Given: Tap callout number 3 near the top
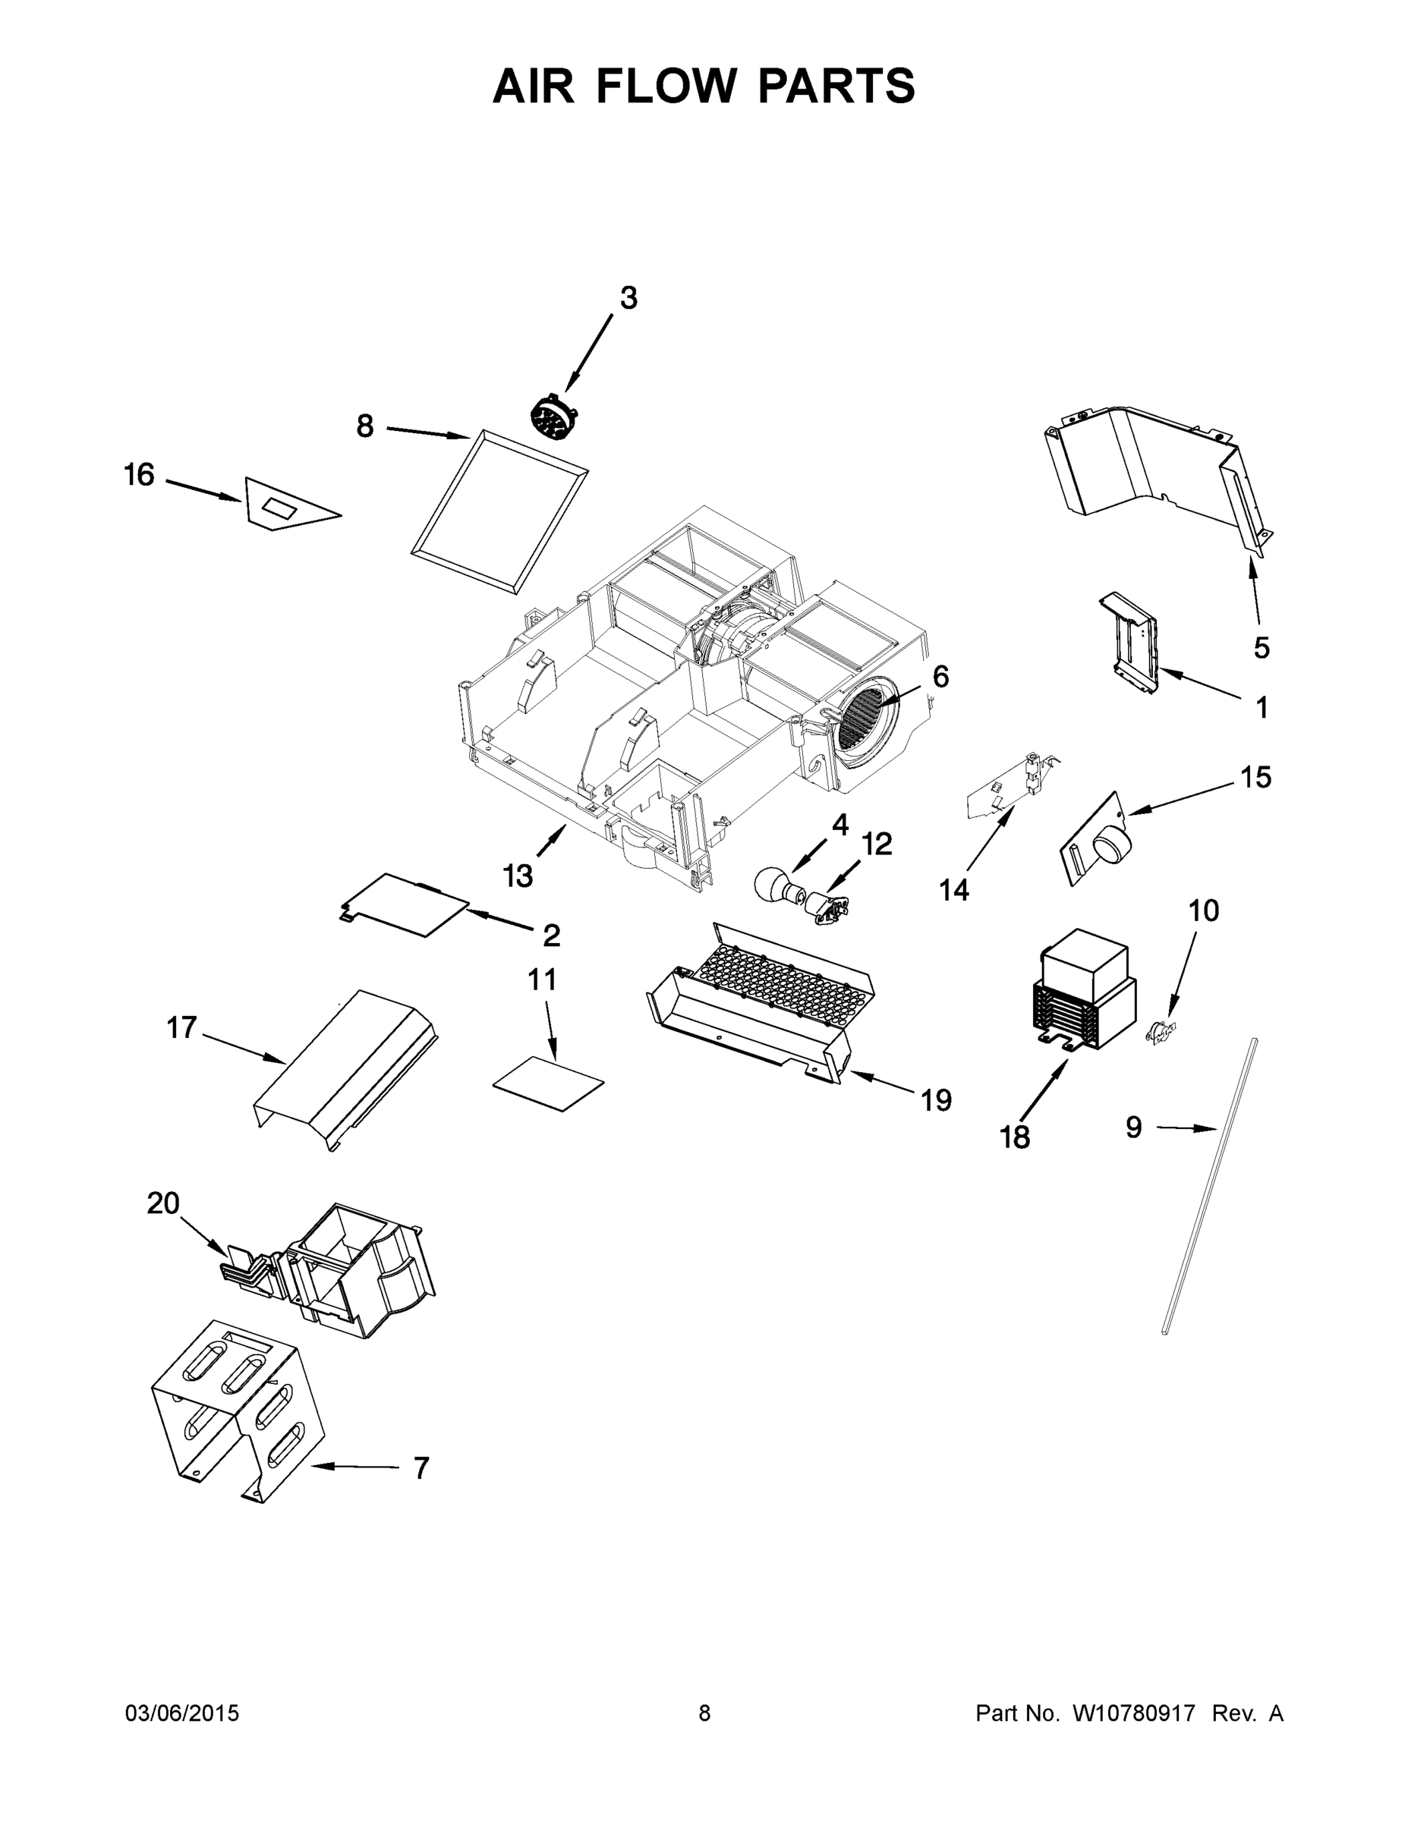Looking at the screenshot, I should [628, 297].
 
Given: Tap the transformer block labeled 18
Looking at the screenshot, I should [1082, 989].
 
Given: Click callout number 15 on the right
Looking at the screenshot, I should [1255, 777].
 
